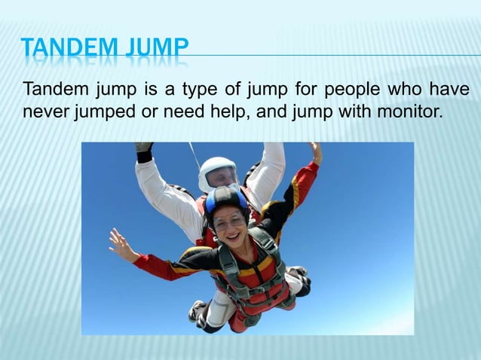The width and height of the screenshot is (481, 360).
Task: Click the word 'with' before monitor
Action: (x=357, y=114)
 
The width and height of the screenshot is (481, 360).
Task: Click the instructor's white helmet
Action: (x=218, y=172)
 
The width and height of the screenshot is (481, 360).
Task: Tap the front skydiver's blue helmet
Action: (x=225, y=200)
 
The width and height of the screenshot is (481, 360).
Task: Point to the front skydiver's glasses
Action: (x=229, y=221)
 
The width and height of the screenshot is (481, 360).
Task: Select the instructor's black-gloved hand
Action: (x=143, y=149)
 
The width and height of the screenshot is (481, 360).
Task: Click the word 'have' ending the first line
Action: (x=450, y=92)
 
